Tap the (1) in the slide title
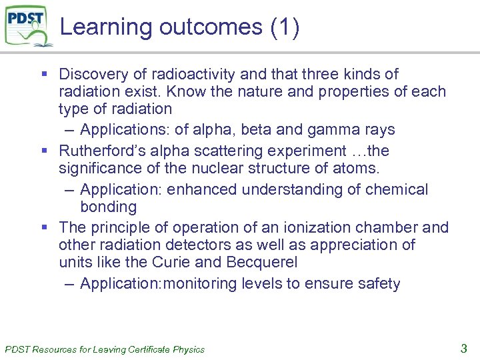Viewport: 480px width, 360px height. click(285, 27)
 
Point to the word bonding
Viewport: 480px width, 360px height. click(108, 207)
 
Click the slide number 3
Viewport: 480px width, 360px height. click(464, 347)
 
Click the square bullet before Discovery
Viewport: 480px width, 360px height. click(42, 74)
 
